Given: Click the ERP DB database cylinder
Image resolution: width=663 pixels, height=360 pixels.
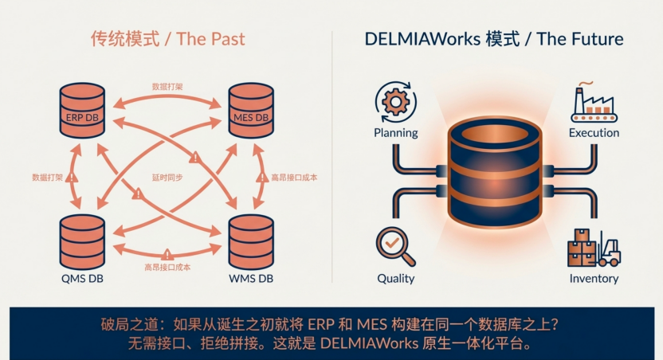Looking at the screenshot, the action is click(x=82, y=110).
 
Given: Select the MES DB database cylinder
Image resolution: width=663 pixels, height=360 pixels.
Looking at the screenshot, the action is click(x=251, y=110).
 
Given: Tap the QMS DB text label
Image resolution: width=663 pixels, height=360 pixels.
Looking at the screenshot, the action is click(x=82, y=279).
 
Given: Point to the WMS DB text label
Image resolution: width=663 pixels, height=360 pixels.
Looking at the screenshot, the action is click(x=251, y=279).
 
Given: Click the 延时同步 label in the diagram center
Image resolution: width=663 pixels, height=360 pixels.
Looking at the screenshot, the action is click(x=167, y=178).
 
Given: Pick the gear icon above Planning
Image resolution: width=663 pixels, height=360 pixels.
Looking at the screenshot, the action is click(x=396, y=102).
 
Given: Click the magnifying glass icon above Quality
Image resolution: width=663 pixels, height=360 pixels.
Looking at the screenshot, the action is click(x=395, y=247).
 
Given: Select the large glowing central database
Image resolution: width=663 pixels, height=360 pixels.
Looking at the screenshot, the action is click(x=494, y=172).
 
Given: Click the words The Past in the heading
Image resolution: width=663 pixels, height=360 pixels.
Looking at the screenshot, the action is click(x=210, y=39).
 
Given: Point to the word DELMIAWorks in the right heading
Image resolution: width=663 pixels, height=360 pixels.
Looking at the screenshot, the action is click(x=422, y=39).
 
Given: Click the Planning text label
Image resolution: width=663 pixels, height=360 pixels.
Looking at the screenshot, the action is click(x=396, y=133).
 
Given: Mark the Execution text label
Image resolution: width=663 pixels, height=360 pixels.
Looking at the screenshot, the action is click(x=594, y=133).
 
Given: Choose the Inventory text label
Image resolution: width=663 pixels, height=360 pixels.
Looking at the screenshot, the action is click(x=594, y=279).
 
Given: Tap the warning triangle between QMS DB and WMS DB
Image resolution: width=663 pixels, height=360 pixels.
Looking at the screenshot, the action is click(x=167, y=254).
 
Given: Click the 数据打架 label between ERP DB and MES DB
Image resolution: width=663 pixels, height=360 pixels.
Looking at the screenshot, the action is click(x=167, y=87).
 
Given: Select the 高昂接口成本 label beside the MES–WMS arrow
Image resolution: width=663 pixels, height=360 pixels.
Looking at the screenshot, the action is click(x=294, y=178).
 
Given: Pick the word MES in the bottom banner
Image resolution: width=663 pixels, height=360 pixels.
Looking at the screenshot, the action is click(x=371, y=324).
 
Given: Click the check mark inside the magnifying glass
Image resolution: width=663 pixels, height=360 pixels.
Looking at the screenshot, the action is click(x=392, y=243).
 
